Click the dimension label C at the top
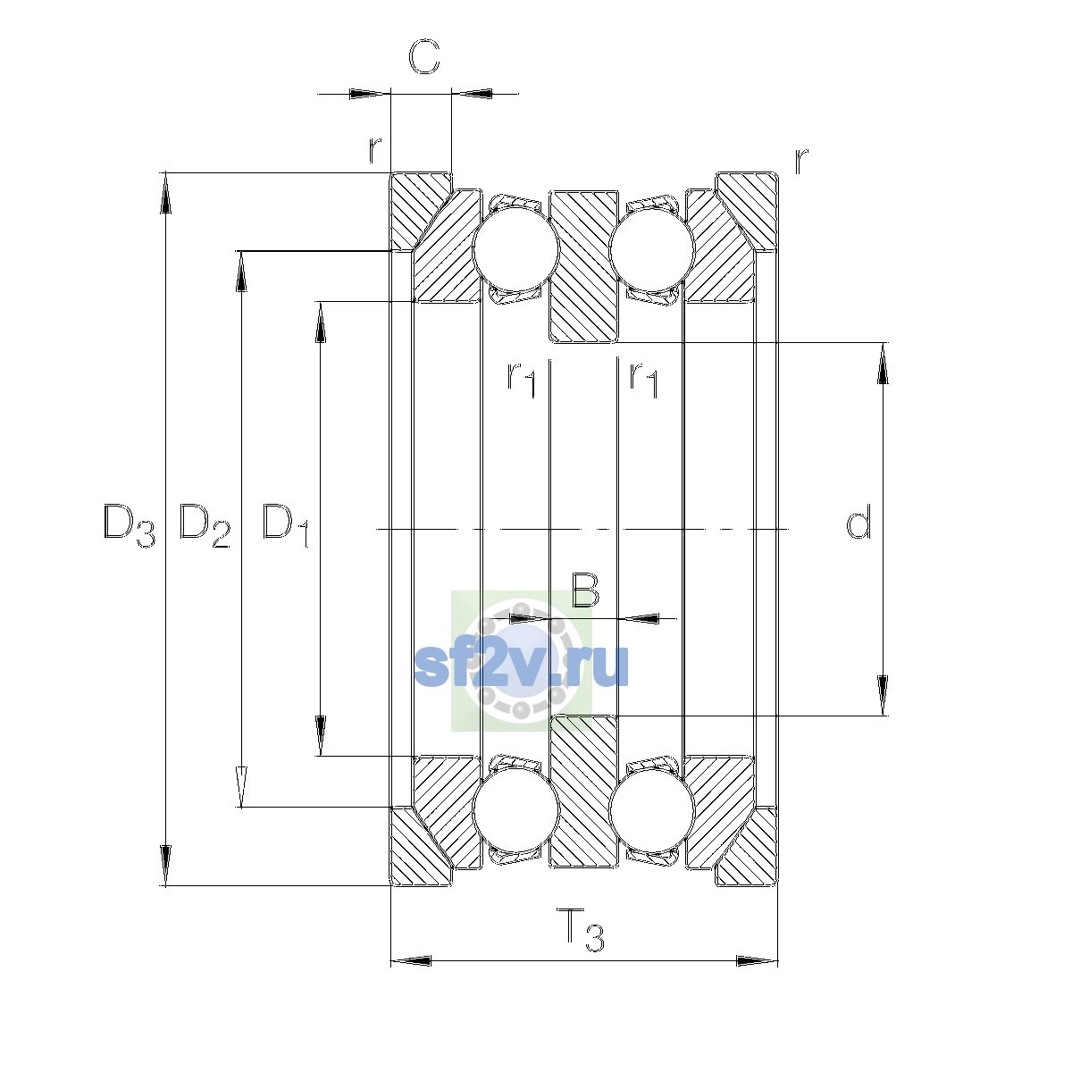click(424, 57)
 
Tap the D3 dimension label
click(129, 525)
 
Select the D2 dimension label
click(205, 525)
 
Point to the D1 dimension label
click(285, 525)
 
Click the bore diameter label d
click(858, 521)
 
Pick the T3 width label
click(581, 929)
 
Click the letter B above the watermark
click(585, 590)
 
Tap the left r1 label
click(521, 379)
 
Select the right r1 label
click(643, 379)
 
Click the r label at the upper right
click(801, 161)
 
